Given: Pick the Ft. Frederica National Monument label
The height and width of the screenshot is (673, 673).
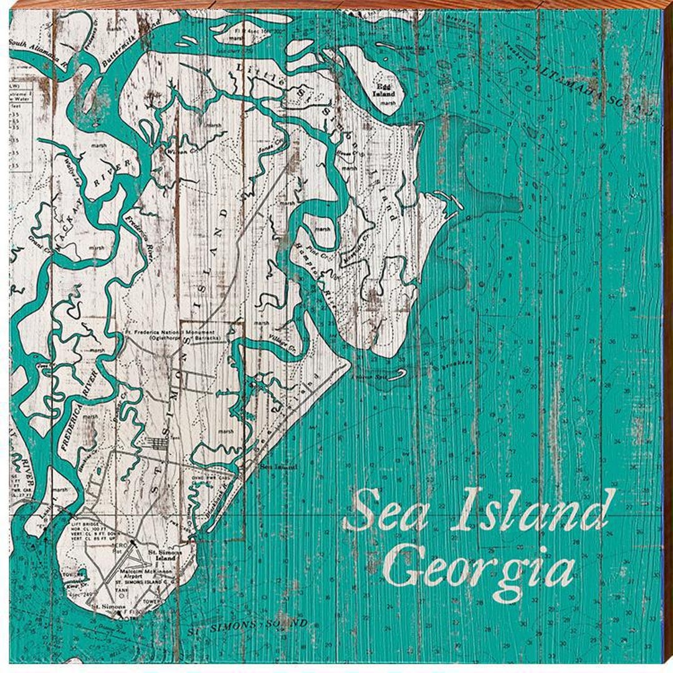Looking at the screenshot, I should [x=172, y=334].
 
